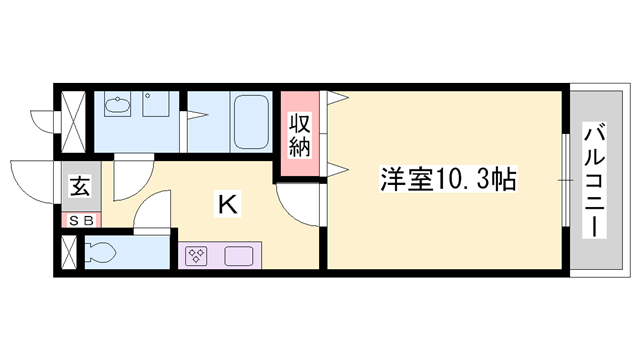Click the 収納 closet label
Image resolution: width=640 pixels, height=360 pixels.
pyautogui.click(x=299, y=135)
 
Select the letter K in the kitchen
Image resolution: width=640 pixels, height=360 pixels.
pyautogui.click(x=228, y=205)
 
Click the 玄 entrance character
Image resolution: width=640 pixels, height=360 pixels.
pyautogui.click(x=78, y=187)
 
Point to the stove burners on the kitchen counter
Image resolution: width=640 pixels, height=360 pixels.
pyautogui.click(x=196, y=255)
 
